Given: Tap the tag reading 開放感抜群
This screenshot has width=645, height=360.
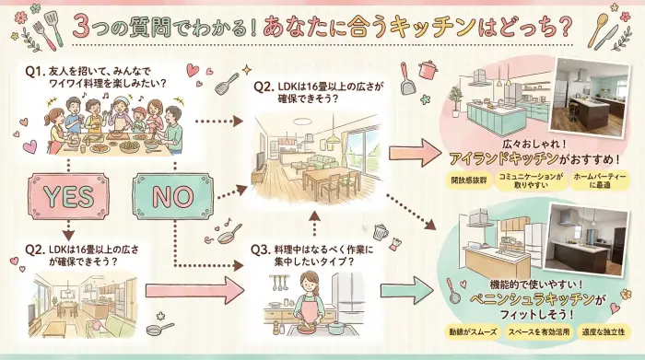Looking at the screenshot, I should coord(468,180).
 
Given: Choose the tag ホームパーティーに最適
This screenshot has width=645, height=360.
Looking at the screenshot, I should coord(592,180).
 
